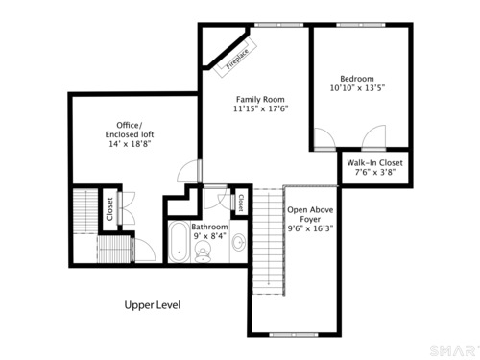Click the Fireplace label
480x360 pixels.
pos(237,60)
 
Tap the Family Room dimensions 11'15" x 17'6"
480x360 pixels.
pos(260,108)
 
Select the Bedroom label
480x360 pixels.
pos(357,79)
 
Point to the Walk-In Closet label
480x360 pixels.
pos(374,162)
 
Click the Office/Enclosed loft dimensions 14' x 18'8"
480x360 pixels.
pos(130,144)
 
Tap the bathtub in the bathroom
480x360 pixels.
pos(179,242)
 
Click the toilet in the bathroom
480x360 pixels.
pos(203,252)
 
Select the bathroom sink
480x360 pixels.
pos(239,242)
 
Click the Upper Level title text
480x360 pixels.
pos(153,305)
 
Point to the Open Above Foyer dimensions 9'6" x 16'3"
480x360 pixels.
pos(310,228)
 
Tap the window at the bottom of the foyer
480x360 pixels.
pos(294,335)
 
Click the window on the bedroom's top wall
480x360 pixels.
pos(361,25)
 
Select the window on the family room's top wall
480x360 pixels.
pos(278,25)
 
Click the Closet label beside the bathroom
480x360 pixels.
pos(241,203)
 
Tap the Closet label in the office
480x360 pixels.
pos(109,209)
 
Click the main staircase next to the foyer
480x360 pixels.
pos(268,242)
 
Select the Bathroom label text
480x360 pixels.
pos(209,227)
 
